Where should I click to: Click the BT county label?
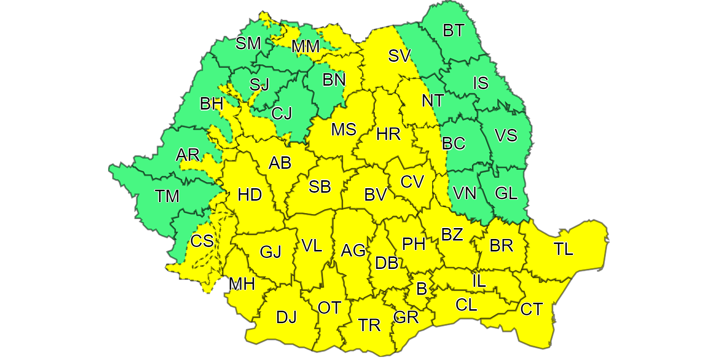(x=453, y=30)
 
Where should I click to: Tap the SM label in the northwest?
(x=248, y=43)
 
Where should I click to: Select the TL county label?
(x=564, y=248)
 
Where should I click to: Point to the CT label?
(x=531, y=309)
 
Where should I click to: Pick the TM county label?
(x=167, y=196)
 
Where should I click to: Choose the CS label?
(x=202, y=241)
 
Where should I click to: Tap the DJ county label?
(x=286, y=317)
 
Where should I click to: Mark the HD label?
(x=249, y=195)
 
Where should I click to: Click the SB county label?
(x=320, y=186)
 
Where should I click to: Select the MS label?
(x=344, y=129)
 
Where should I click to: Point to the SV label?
(x=399, y=56)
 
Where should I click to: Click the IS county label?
(x=480, y=83)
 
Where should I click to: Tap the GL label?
(x=506, y=193)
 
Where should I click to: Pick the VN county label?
(x=465, y=193)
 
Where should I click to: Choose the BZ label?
(x=452, y=234)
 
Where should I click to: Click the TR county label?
(x=369, y=325)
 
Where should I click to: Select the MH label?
(x=242, y=284)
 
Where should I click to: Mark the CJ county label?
(x=282, y=114)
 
